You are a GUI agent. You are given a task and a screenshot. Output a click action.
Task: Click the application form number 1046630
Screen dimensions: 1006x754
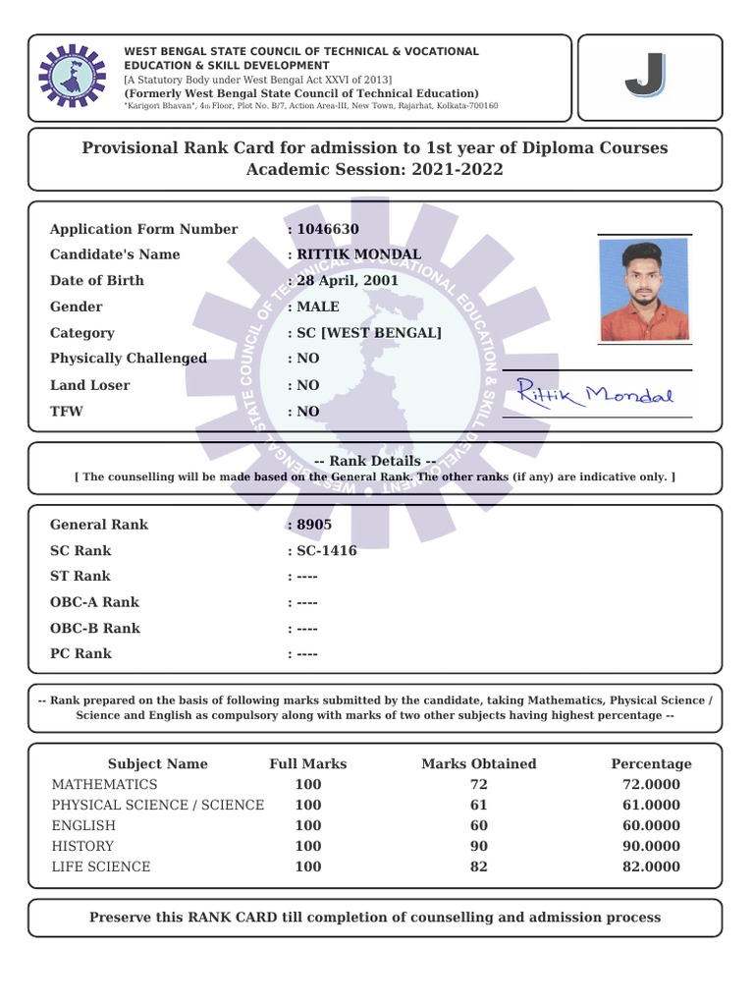pos(328,229)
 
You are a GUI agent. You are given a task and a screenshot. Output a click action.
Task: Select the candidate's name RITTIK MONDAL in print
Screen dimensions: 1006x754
pos(358,254)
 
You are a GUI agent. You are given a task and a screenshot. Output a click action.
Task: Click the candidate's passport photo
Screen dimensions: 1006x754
pos(644,289)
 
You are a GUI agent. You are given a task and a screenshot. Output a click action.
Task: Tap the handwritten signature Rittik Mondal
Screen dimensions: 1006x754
pos(596,395)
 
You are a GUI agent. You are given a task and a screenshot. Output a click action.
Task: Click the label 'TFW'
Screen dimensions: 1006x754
pos(67,412)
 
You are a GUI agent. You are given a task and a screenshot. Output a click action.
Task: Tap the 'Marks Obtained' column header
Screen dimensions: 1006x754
pos(479,763)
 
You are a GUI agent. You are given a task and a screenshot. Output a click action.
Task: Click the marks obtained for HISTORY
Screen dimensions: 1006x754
pos(479,846)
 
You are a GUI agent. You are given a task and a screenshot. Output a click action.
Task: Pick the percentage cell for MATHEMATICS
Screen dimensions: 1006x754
pos(651,784)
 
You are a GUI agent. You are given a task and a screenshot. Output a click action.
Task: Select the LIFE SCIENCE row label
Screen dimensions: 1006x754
pos(101,866)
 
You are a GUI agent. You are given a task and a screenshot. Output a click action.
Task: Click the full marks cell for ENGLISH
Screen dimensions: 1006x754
pos(308,825)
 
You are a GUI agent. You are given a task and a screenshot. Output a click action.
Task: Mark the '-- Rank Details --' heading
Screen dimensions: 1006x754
pos(374,461)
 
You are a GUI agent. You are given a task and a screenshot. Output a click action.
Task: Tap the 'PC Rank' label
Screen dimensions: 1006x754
pos(81,653)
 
